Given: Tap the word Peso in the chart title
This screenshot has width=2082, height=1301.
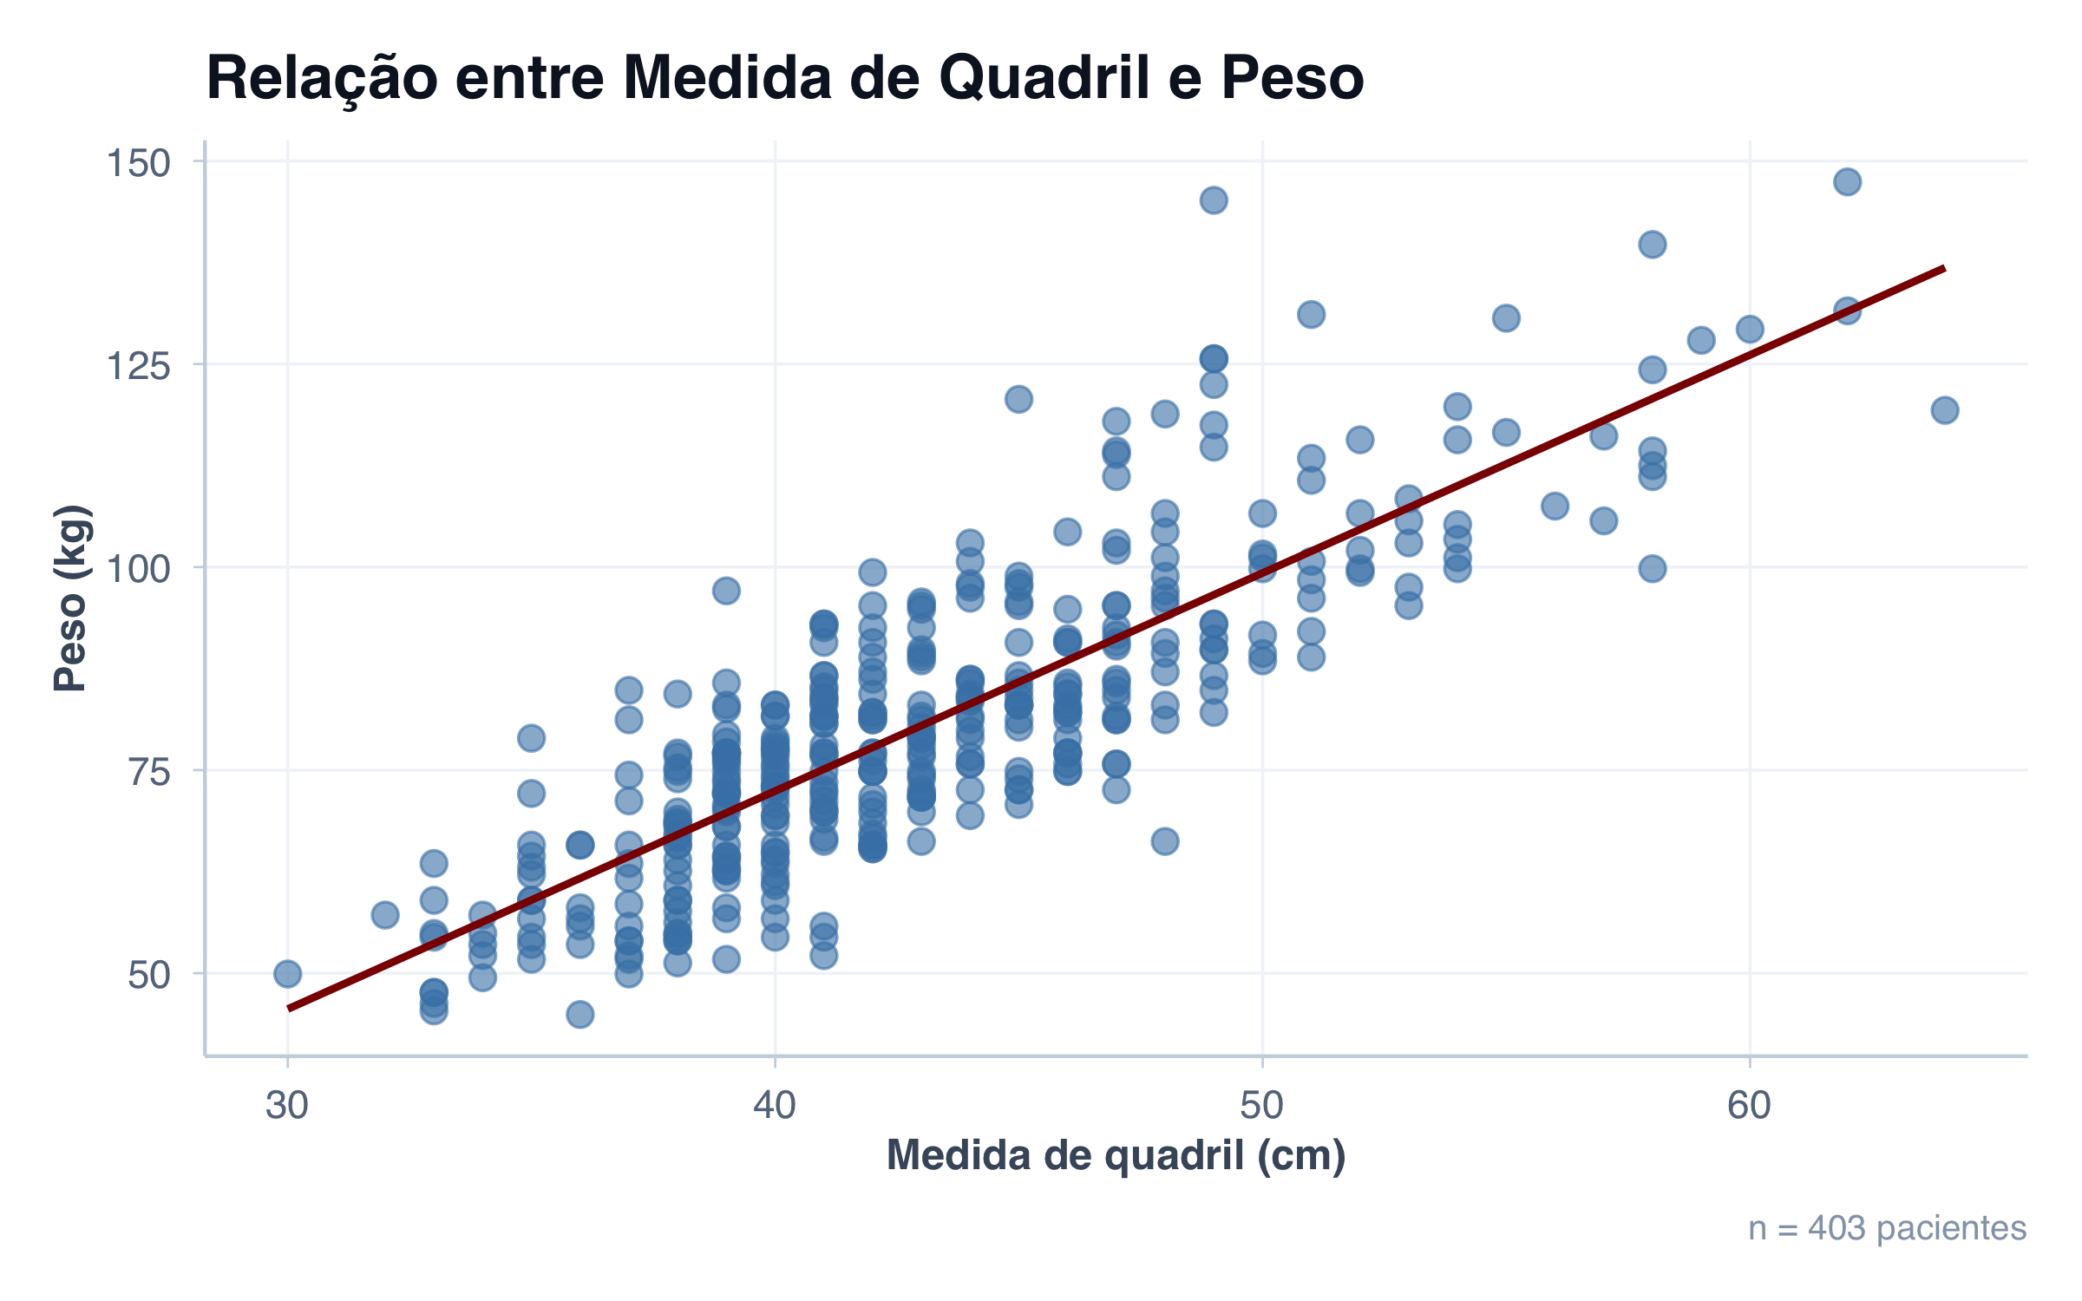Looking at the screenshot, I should tap(1292, 78).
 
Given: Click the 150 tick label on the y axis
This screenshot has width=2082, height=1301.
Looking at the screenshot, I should tap(138, 163).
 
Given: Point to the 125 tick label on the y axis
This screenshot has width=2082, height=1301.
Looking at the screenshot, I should tap(138, 366).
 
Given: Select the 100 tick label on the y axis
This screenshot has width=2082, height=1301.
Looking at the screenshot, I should tap(138, 569).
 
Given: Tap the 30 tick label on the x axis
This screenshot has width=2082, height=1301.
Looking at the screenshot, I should tap(287, 1105).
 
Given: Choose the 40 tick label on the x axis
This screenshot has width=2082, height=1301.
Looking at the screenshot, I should tap(775, 1105).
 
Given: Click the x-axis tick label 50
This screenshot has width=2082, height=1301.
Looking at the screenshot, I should tap(1261, 1105).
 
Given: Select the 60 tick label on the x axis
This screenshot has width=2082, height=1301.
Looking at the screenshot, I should tap(1749, 1105).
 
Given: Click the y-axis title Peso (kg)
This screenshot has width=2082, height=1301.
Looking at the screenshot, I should tap(71, 598).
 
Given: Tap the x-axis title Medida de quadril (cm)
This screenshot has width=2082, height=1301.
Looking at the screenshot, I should tap(1116, 1156).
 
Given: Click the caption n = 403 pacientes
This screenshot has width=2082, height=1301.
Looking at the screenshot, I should tap(1887, 1228).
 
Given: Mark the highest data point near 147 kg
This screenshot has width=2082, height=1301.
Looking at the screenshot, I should tap(1847, 182).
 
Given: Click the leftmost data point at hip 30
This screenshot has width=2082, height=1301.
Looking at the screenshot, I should tap(287, 974).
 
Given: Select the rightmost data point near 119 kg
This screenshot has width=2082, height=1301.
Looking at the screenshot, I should tap(1944, 410).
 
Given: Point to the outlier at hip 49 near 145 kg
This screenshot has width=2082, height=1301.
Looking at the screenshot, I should tap(1214, 200).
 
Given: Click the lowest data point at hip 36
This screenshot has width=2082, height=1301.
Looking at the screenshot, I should tap(579, 1014).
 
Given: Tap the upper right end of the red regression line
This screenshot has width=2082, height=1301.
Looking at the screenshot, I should tap(1942, 270).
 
